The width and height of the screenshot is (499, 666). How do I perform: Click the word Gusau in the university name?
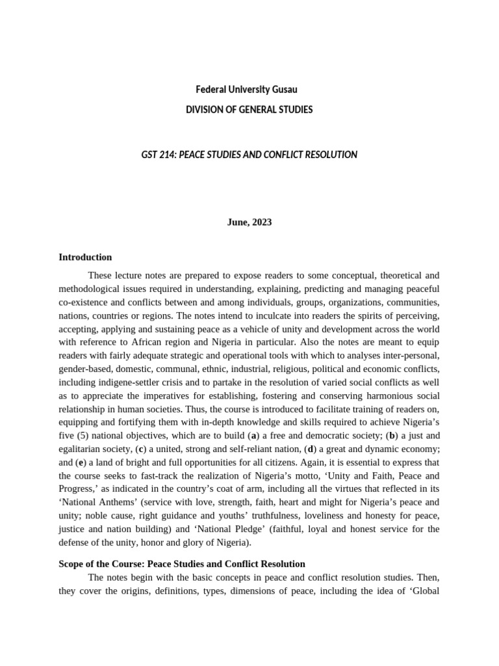(x=284, y=89)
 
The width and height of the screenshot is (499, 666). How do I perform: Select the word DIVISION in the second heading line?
(x=204, y=109)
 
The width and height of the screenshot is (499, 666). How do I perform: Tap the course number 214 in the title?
(x=165, y=155)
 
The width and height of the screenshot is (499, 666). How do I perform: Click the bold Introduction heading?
(x=85, y=258)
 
